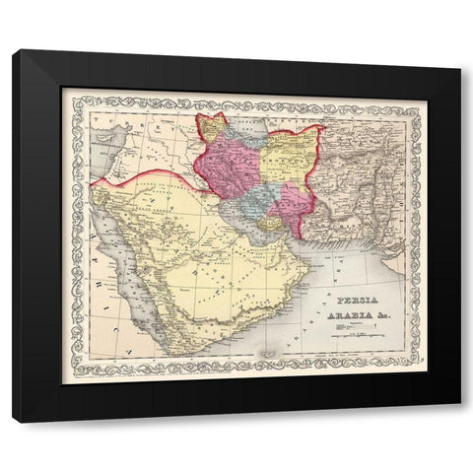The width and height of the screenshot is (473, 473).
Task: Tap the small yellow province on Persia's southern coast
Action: [x=266, y=226]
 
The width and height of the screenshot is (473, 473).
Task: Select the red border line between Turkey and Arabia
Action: [x=148, y=174]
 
